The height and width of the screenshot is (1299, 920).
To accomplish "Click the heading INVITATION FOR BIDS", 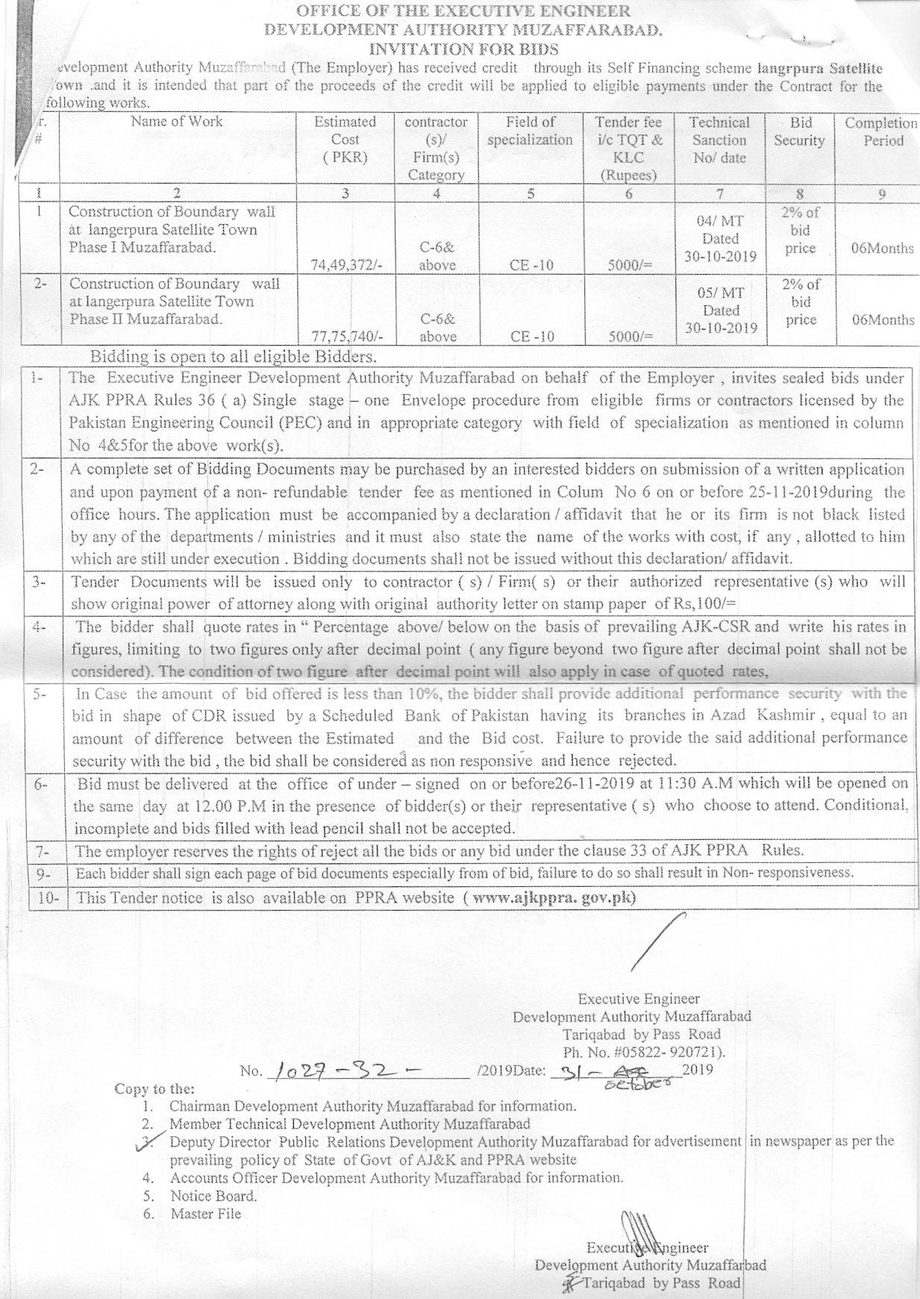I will (463, 49).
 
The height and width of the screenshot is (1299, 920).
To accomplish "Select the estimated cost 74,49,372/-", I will (345, 265).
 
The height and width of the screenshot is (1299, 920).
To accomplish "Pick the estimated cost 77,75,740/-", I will (345, 337).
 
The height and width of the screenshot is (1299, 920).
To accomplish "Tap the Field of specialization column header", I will (530, 131).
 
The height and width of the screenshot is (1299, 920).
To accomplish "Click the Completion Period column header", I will (882, 131).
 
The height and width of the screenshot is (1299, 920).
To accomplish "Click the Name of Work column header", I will (177, 121).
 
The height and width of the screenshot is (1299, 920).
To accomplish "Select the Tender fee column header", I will (628, 149).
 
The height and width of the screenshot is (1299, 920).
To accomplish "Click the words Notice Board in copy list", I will (213, 1196).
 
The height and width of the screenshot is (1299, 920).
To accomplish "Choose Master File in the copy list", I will (206, 1214).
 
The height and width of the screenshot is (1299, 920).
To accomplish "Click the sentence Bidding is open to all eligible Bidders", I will (234, 356).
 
